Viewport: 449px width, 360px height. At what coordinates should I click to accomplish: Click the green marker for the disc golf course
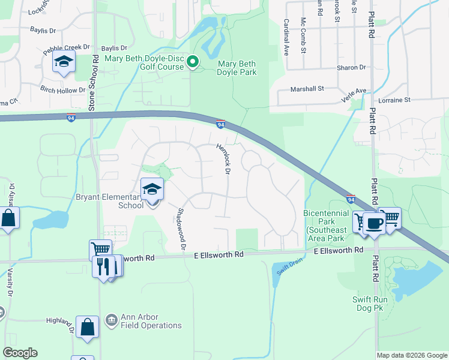click(193, 62)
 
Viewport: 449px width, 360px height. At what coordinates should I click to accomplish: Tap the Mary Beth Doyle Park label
click(237, 68)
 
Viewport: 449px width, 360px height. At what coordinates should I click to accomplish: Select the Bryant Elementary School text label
click(109, 201)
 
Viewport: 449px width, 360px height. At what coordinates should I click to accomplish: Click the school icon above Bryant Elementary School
click(152, 190)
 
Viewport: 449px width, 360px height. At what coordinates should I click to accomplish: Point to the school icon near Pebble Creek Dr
click(63, 61)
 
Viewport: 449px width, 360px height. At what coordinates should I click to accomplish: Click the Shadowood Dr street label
click(181, 225)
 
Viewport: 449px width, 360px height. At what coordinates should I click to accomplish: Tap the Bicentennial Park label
click(325, 221)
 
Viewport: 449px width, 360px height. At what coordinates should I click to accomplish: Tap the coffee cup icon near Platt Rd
click(373, 223)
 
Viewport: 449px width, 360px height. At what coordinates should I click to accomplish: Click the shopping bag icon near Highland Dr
click(88, 328)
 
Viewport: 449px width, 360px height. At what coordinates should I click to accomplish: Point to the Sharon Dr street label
click(352, 68)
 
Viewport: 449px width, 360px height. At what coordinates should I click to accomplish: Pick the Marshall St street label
click(307, 88)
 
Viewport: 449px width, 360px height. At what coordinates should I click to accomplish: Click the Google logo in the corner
click(20, 353)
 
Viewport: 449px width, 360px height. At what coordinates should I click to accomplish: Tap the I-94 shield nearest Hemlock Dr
click(221, 124)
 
